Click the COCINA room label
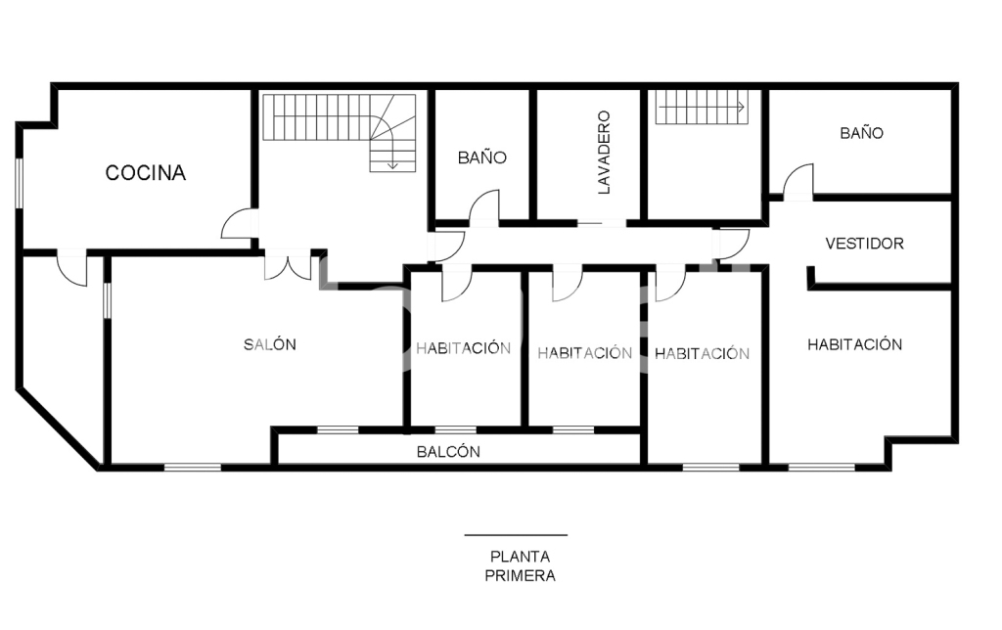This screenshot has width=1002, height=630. (145, 172)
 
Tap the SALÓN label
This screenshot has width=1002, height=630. (270, 344)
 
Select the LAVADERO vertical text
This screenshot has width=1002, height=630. (604, 152)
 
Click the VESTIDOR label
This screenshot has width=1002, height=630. (864, 244)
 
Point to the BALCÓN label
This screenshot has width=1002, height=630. (448, 452)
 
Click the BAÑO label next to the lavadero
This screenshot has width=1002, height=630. (481, 157)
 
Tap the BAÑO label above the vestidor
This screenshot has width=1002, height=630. (861, 133)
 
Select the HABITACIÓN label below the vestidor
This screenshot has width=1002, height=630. (854, 344)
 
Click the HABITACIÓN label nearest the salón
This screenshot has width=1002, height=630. (463, 348)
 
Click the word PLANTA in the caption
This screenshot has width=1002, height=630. (520, 557)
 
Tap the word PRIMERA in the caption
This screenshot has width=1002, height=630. (520, 575)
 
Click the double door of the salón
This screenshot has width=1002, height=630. (289, 267)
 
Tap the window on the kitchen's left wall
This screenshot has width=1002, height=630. (20, 182)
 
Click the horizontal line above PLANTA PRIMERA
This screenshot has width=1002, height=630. (516, 535)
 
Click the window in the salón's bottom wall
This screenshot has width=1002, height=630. (193, 468)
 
